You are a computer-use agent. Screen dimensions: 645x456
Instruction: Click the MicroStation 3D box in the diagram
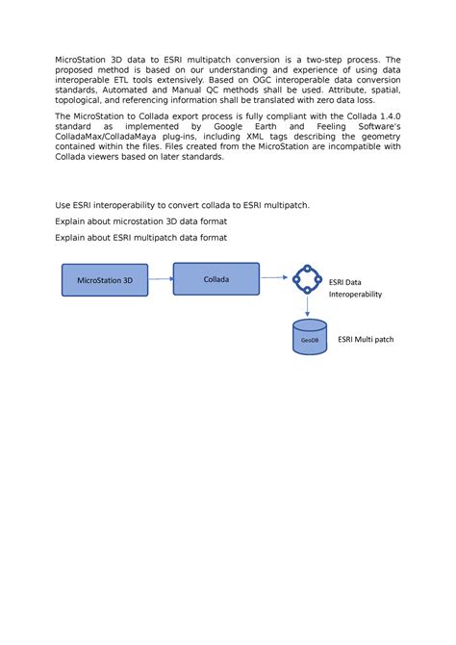[105, 281]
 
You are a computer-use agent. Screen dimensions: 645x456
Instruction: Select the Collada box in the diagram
[215, 278]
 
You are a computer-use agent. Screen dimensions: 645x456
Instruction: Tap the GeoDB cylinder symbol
[307, 339]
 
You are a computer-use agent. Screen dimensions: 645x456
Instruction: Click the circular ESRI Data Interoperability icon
[307, 279]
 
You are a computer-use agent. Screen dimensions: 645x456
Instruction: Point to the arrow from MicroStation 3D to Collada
[161, 280]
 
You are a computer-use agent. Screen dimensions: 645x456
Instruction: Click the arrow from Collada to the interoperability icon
[275, 279]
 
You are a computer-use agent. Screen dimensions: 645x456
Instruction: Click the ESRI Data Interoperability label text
[355, 289]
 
